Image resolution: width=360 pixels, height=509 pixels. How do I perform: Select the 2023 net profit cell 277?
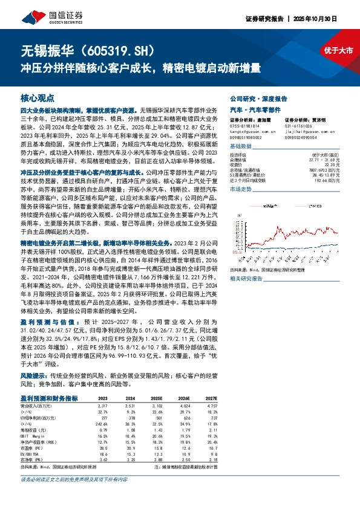pyautogui.click(x=103, y=417)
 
